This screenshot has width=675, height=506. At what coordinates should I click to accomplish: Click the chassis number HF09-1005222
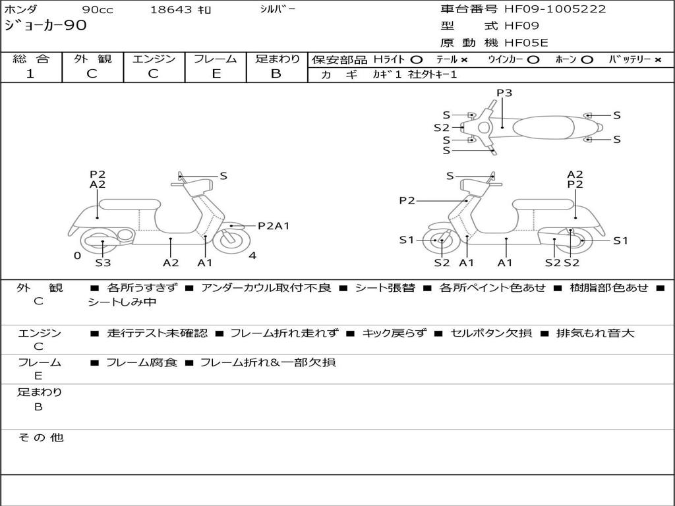click(x=555, y=9)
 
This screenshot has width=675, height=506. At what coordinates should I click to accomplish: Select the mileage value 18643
click(x=171, y=10)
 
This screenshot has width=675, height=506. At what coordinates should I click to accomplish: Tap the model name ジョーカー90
click(x=45, y=26)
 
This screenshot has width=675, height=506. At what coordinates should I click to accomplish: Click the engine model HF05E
click(x=526, y=43)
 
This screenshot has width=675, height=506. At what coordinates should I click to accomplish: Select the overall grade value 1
click(x=30, y=74)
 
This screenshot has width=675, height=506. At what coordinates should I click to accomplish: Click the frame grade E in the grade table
click(x=216, y=74)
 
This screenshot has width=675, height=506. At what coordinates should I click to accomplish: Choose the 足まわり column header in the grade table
click(x=277, y=59)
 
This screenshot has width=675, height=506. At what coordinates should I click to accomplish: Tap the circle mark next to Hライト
click(x=416, y=60)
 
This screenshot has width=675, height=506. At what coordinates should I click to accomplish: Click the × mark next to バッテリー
click(x=657, y=60)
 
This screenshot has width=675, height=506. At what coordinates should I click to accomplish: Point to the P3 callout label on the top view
click(x=504, y=93)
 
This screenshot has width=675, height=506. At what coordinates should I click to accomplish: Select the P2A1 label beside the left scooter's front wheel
click(x=274, y=226)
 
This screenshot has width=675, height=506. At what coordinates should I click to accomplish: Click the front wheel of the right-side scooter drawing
click(x=440, y=241)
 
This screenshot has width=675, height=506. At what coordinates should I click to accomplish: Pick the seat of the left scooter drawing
click(x=129, y=204)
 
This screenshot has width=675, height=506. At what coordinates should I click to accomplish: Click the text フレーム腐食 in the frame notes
click(x=142, y=362)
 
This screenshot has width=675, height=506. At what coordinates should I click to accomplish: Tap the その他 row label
click(x=40, y=437)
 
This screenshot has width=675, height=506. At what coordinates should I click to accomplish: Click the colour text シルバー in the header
click(x=278, y=9)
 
